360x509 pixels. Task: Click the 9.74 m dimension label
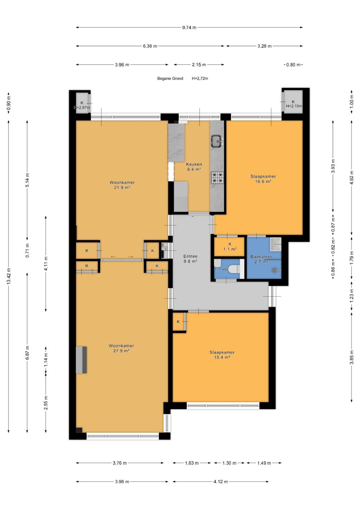point(189,27)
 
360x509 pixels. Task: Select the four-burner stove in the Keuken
point(217,177)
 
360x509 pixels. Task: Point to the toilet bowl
point(234,269)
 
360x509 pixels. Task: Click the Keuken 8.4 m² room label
point(194,167)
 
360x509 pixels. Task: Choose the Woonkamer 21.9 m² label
point(122,185)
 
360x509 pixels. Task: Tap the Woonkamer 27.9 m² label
point(121,348)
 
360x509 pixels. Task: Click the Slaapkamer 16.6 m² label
point(263,179)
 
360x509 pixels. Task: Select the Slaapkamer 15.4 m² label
point(222,355)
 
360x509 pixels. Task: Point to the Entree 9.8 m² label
point(190,258)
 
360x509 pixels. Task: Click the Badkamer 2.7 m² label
point(261,259)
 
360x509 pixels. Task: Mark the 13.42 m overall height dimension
point(9,276)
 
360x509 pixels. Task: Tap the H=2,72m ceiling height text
point(200,78)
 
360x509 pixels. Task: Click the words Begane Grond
point(170,78)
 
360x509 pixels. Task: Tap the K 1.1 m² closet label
point(230,247)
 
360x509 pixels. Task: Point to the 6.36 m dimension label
point(150,46)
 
